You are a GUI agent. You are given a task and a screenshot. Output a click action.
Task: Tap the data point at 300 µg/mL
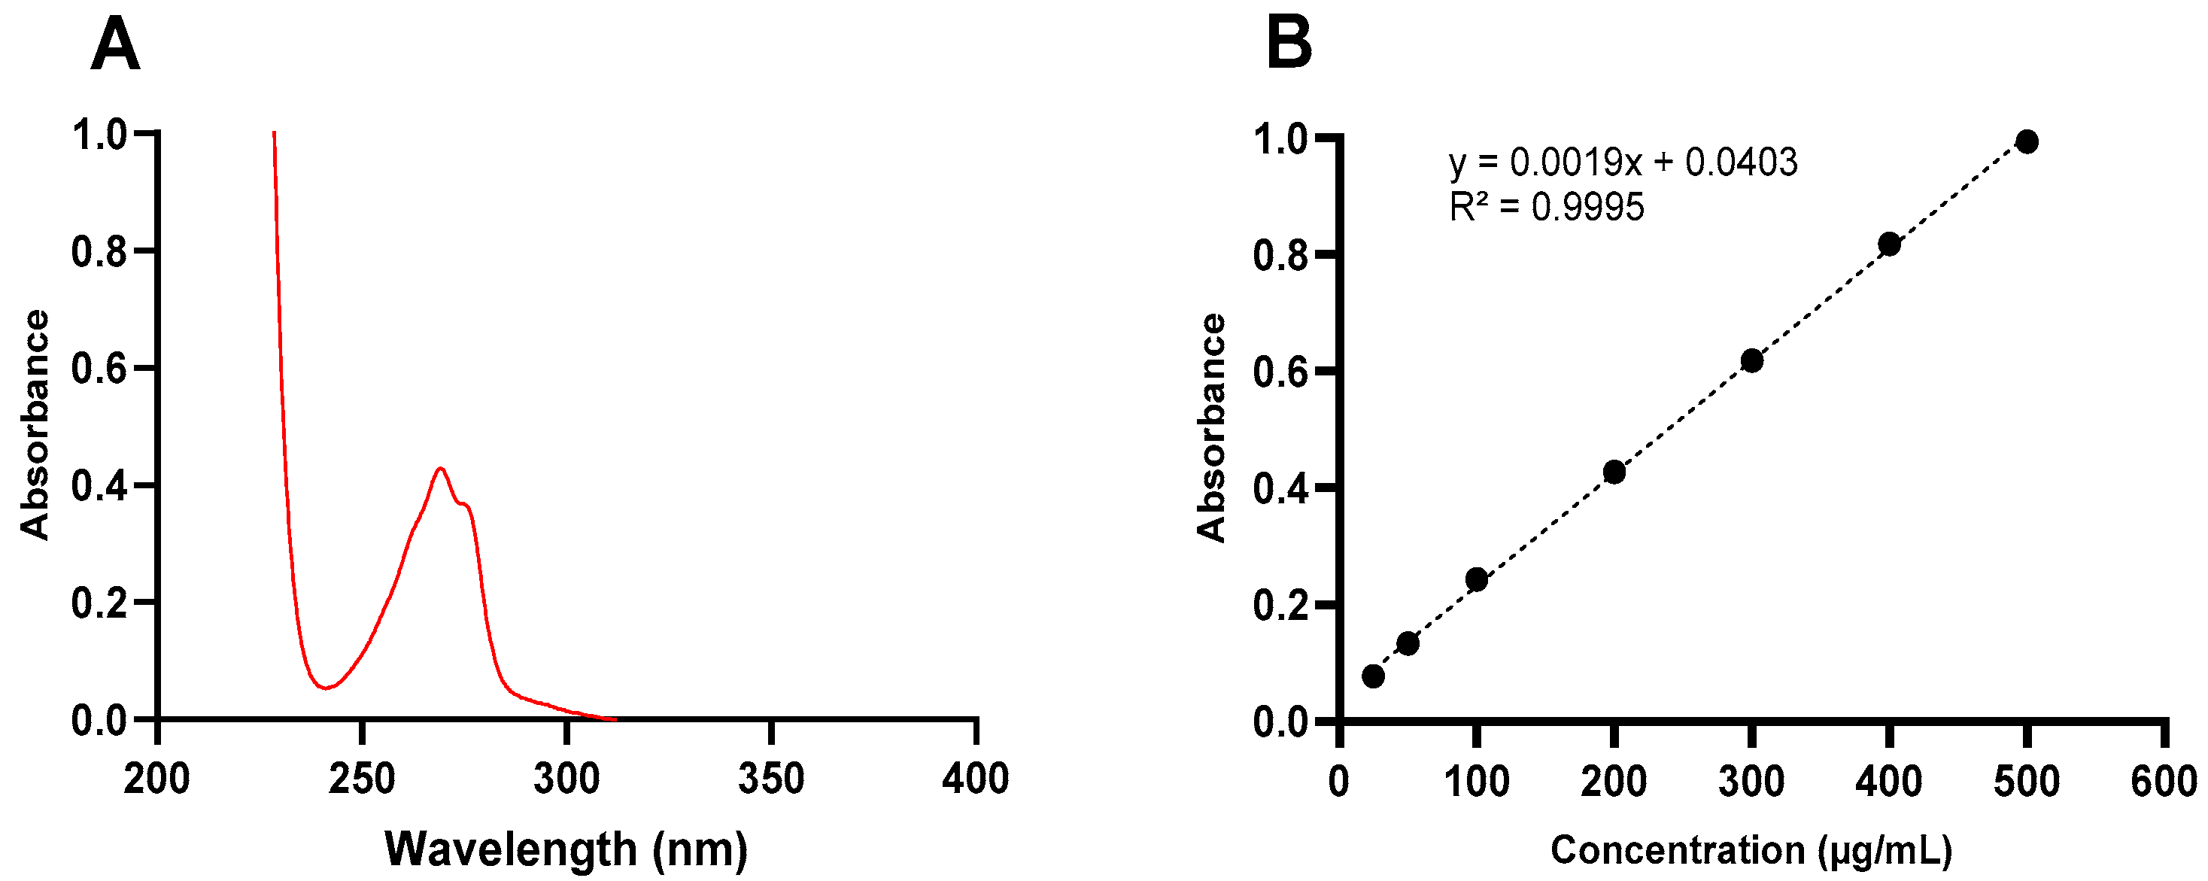point(1752,361)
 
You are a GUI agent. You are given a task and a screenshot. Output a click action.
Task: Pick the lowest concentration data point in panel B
point(1373,676)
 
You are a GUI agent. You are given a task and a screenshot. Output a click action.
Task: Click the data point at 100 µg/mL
point(1476,579)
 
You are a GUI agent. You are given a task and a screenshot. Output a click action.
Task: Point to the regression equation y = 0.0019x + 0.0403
point(1623,162)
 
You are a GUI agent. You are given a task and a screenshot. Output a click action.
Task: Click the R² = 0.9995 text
point(1546,208)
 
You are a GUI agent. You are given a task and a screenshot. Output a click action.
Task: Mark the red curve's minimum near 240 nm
point(325,688)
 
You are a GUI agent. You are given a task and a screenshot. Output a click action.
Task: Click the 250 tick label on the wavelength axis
point(362,779)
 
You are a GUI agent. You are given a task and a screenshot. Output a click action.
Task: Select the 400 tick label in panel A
point(976,779)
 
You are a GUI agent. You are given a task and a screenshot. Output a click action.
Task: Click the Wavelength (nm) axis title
point(566,849)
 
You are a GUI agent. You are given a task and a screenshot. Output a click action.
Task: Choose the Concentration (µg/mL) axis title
point(1751,850)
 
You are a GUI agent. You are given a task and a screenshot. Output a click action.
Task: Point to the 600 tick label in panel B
point(2164,782)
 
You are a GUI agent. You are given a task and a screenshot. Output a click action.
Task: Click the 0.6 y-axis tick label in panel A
point(99,369)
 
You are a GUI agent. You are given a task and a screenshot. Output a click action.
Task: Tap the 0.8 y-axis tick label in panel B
point(1280,255)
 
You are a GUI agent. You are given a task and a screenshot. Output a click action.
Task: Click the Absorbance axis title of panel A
point(35,424)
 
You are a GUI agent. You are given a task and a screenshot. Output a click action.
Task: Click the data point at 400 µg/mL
point(1889,245)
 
